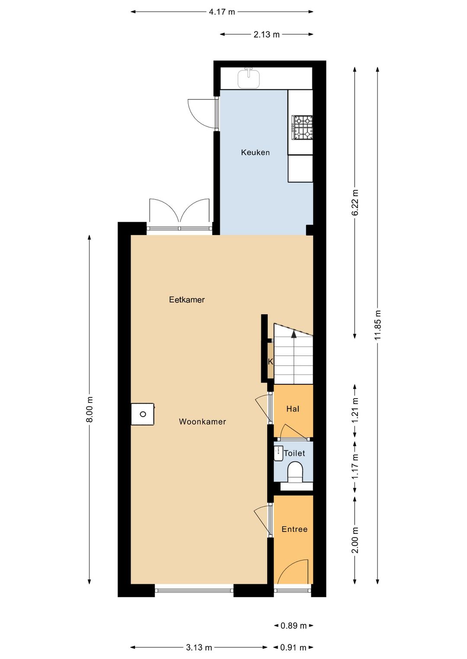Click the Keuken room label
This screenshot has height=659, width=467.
(x=255, y=152)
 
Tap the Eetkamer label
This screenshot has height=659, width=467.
(x=187, y=300)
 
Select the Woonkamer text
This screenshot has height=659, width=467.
(x=202, y=421)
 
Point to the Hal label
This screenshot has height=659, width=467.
(x=293, y=409)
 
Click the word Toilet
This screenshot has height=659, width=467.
(x=294, y=453)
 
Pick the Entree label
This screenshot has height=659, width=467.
(x=294, y=529)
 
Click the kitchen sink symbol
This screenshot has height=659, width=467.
(x=249, y=77)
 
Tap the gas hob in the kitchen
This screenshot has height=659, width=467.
(x=302, y=127)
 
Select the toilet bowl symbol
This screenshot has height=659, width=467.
(x=295, y=472)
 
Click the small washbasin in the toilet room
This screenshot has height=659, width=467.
(x=278, y=453)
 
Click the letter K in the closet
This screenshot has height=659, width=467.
(x=271, y=362)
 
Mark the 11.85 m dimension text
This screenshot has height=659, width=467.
(x=378, y=325)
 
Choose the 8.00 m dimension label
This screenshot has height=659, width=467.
(x=90, y=409)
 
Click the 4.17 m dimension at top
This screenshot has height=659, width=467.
(x=222, y=12)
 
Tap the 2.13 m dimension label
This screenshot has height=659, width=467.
(x=267, y=35)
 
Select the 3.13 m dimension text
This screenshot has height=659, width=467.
(x=199, y=647)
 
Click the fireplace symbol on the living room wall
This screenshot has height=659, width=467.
(x=143, y=414)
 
